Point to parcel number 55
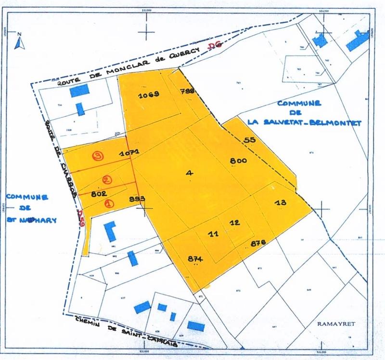[249, 140]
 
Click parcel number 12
[235, 223]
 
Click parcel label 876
[258, 243]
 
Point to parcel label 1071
[129, 153]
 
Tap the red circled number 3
[98, 156]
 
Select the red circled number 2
[107, 180]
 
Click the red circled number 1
[109, 203]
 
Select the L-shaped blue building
[111, 231]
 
